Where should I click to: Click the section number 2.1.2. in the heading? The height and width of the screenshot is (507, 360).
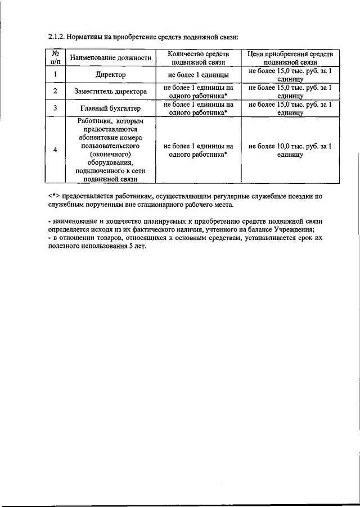pyautogui.click(x=57, y=37)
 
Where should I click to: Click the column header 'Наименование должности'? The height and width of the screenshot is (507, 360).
pyautogui.click(x=110, y=58)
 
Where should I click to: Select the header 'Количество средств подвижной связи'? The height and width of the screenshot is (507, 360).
pyautogui.click(x=198, y=58)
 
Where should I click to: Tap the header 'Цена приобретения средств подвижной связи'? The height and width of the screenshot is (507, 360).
pyautogui.click(x=290, y=58)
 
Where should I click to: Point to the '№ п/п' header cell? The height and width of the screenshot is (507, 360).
pyautogui.click(x=56, y=58)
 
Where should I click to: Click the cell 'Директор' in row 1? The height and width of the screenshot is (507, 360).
pyautogui.click(x=110, y=74)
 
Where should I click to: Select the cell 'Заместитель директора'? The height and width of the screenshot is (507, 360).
pyautogui.click(x=110, y=91)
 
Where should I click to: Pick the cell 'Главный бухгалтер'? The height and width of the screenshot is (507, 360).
pyautogui.click(x=110, y=108)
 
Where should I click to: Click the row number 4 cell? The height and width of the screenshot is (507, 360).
pyautogui.click(x=56, y=150)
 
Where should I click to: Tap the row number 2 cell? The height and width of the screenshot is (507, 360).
pyautogui.click(x=56, y=91)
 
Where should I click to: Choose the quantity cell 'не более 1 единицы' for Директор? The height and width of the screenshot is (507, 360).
pyautogui.click(x=198, y=74)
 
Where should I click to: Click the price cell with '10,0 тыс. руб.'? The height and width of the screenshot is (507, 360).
pyautogui.click(x=290, y=150)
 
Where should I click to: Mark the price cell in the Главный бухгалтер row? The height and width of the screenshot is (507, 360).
pyautogui.click(x=290, y=108)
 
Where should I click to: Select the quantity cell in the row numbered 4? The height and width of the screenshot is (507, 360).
pyautogui.click(x=198, y=150)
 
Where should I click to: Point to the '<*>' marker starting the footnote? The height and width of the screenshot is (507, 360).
pyautogui.click(x=54, y=196)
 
